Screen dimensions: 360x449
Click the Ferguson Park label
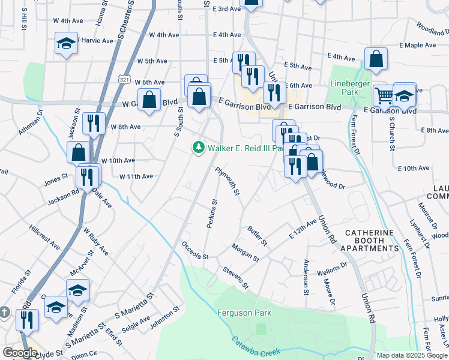tap(244, 313)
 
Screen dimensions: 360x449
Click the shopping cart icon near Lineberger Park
tap(384, 94)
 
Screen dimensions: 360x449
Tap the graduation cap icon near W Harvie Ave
tap(66, 43)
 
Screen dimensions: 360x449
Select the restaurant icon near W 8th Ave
tap(93, 123)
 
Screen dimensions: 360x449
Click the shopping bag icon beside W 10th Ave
tap(78, 152)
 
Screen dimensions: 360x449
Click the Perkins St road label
tap(211, 214)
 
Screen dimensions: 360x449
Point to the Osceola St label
tap(195, 251)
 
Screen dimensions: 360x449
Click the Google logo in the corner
tap(20, 353)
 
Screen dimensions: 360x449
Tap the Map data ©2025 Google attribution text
tap(412, 355)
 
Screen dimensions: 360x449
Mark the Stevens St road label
tap(235, 278)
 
